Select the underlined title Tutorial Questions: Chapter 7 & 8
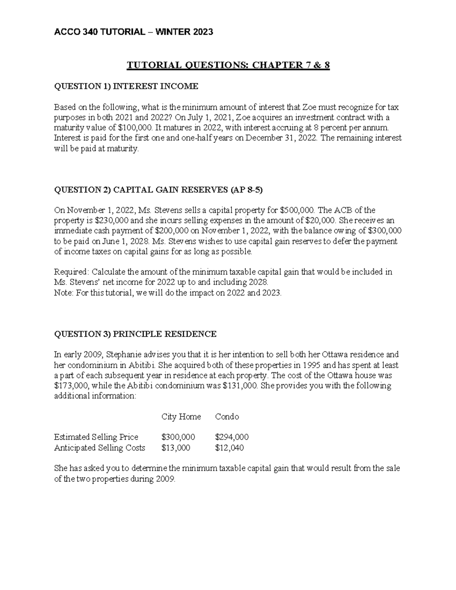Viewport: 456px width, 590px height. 228,65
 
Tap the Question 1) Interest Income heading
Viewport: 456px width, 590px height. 126,86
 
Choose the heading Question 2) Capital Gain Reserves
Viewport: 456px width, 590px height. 158,190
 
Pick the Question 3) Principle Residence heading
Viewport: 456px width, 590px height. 135,334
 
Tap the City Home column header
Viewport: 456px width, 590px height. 181,417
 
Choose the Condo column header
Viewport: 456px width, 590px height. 227,417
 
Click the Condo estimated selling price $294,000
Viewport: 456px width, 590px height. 232,437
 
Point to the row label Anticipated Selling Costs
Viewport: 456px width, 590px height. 100,448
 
